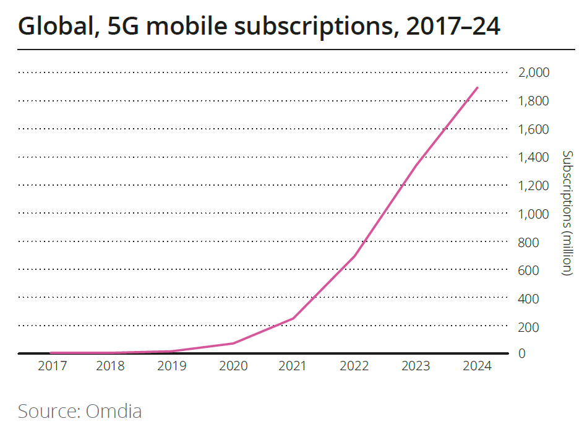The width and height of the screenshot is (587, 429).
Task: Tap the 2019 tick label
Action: [x=172, y=366]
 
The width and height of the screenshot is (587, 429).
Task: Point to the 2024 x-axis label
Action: [x=477, y=366]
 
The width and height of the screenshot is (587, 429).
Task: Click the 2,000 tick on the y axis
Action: [x=533, y=73]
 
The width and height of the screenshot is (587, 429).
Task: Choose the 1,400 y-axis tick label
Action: [x=533, y=158]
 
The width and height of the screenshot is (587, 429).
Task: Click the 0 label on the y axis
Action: [x=523, y=353]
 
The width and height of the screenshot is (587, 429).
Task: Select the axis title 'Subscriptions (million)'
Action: [x=568, y=213]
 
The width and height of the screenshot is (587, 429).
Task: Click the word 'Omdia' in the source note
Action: [x=114, y=410]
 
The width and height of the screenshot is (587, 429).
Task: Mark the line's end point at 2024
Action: [x=478, y=87]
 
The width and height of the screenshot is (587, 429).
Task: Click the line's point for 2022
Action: [x=355, y=256]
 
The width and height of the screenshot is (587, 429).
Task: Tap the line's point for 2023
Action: [x=416, y=165]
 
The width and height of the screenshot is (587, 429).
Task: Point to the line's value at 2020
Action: [x=233, y=343]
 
